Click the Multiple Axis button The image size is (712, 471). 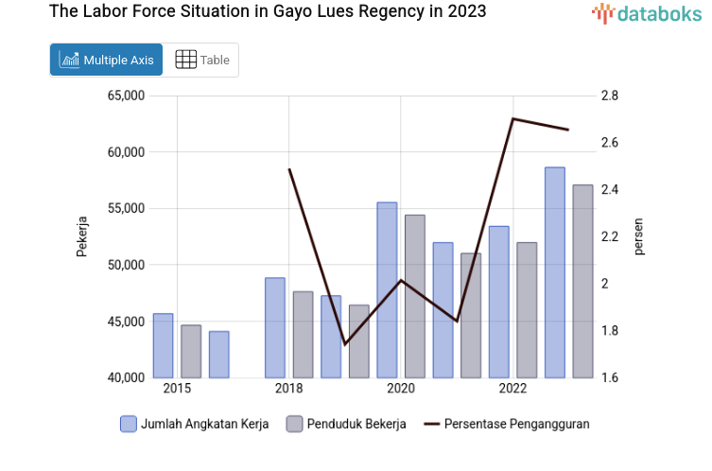click(x=106, y=60)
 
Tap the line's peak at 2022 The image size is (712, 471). click(x=512, y=118)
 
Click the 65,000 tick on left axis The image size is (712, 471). click(x=124, y=96)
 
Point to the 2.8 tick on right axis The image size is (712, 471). click(x=609, y=96)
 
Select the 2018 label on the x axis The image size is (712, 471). click(x=288, y=389)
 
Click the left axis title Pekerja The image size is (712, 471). click(x=82, y=236)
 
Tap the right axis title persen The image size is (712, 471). click(x=638, y=236)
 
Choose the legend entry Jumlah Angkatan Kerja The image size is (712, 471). click(x=195, y=424)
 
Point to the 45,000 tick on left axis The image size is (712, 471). click(x=124, y=322)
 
